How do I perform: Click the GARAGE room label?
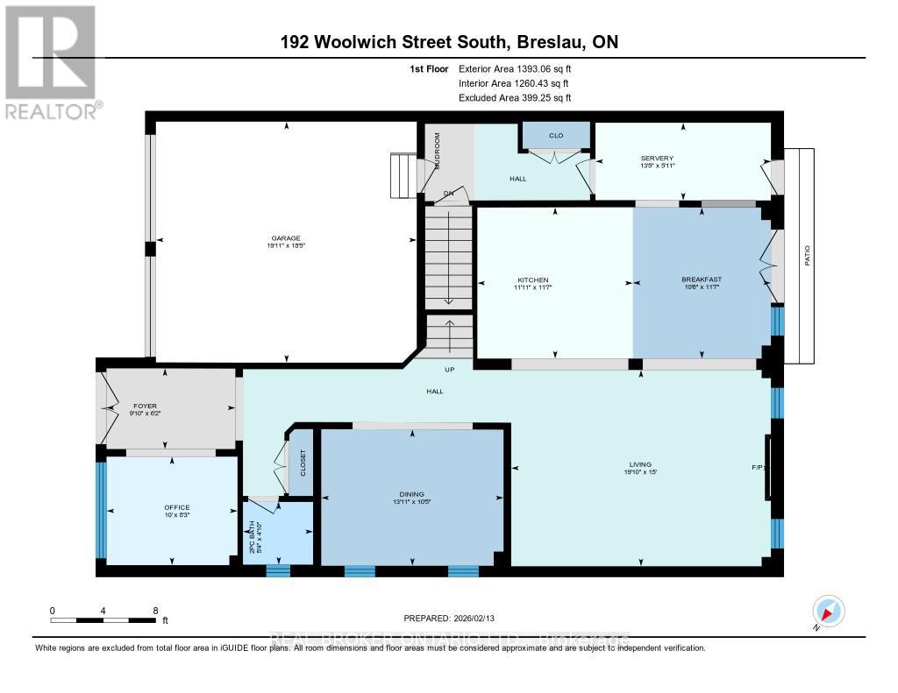tap(286, 237)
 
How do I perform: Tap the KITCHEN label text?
tap(531, 279)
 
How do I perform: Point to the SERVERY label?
tap(656, 158)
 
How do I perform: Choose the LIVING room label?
tap(640, 464)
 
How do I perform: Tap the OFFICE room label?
tap(176, 507)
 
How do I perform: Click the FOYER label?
tap(145, 406)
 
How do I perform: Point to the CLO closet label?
tap(556, 135)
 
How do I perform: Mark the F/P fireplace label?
tap(758, 468)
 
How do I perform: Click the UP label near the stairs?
tap(450, 370)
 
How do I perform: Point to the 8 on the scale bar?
tap(155, 611)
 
